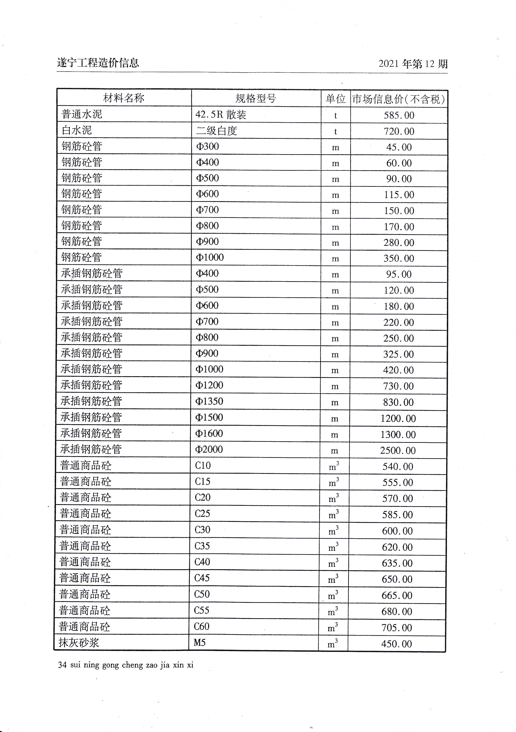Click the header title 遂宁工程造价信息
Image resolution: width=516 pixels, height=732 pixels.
pos(98,63)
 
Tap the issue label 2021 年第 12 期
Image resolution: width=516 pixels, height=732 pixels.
pos(413,64)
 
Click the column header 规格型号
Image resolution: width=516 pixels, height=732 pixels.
pos(256,98)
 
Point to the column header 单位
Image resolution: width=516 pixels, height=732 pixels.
pos(335,99)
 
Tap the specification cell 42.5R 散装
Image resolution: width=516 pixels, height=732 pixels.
pos(221,115)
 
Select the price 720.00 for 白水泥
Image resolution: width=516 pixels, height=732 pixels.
pos(399,131)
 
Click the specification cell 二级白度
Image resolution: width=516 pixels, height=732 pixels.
pos(216,131)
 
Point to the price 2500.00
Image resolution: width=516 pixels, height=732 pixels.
pos(398,451)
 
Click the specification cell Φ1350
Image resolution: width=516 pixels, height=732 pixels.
pos(209,401)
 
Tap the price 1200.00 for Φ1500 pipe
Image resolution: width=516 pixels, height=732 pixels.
pos(398,418)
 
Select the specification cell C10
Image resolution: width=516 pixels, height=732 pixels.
pos(203,466)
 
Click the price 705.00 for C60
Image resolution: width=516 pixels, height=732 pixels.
pos(397,628)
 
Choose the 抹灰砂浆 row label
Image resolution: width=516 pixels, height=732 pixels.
pos(79,643)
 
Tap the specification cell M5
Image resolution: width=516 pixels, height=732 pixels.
pos(200,642)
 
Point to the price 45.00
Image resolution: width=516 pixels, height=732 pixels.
pos(399,147)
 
